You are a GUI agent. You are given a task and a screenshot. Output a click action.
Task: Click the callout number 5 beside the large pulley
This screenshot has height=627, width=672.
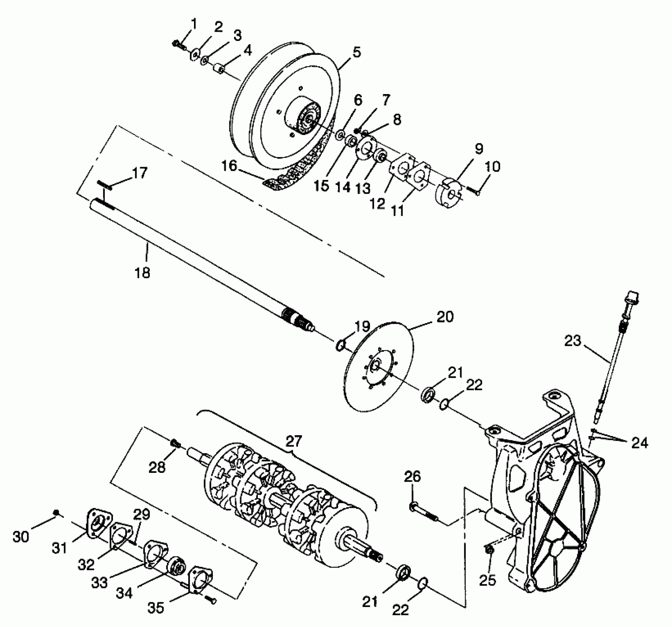click(x=356, y=52)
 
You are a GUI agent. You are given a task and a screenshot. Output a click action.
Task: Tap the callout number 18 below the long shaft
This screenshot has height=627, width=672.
click(x=142, y=273)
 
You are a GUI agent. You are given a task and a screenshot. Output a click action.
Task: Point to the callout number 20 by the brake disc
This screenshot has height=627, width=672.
click(x=445, y=317)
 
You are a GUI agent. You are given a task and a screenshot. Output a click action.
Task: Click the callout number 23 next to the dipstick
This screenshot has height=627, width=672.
click(x=572, y=341)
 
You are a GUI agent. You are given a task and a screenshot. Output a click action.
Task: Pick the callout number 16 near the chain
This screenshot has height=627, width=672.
click(x=229, y=166)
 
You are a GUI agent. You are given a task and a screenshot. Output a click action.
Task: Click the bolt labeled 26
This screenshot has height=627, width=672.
click(x=423, y=514)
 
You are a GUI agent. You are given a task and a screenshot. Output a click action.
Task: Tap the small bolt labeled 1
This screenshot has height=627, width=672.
click(x=177, y=45)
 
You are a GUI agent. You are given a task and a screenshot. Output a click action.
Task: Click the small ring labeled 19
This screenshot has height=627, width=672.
click(x=340, y=346)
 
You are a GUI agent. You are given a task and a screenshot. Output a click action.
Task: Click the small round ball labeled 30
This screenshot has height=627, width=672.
click(x=56, y=512)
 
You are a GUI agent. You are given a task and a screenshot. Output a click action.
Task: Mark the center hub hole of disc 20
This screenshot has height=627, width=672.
click(x=375, y=366)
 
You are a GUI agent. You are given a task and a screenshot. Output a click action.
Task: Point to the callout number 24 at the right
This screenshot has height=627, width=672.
click(x=639, y=443)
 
